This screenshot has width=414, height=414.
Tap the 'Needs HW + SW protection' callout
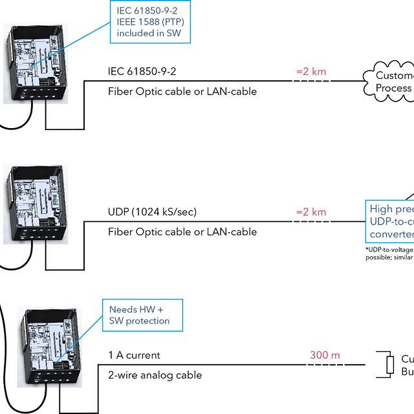tap(142, 315)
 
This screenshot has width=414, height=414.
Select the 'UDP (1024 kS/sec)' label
tap(152, 212)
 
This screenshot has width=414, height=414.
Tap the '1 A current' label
tap(134, 355)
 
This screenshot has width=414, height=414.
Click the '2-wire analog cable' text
tap(155, 375)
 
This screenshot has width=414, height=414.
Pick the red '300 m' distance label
tap(325, 355)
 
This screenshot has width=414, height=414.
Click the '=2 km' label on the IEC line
tap(311, 71)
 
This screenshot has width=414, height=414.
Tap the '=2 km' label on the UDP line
tap(311, 212)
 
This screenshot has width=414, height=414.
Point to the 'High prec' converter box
tap(390, 221)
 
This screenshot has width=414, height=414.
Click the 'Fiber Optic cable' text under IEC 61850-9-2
tap(182, 91)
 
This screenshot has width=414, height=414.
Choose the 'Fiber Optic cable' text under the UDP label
tap(182, 232)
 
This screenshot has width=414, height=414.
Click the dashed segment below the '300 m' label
tap(325, 365)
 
